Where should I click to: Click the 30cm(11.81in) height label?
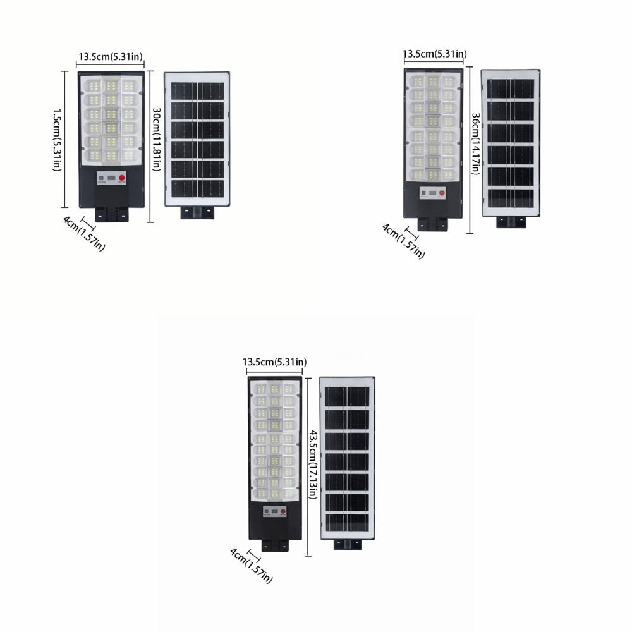[156, 139]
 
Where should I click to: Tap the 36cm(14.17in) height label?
[476, 143]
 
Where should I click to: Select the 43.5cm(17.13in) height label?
[313, 464]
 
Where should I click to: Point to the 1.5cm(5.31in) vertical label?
[58, 140]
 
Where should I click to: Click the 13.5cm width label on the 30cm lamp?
[111, 56]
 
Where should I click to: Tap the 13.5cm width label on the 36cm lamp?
[435, 54]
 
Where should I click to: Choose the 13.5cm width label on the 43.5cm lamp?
[274, 362]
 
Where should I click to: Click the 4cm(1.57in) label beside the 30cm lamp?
[84, 233]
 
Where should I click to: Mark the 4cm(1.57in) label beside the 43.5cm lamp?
[251, 565]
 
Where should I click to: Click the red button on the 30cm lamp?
[122, 178]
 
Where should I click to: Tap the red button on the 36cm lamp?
[442, 193]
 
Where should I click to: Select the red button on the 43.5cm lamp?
[283, 511]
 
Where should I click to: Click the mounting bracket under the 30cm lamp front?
[112, 214]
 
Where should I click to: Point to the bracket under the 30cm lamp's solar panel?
[197, 212]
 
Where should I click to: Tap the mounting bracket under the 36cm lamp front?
[433, 224]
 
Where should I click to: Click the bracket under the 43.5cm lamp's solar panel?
[348, 545]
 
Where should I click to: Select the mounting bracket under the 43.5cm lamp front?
[276, 545]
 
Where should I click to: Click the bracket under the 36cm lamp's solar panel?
[511, 222]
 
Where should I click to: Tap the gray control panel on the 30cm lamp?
[112, 178]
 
